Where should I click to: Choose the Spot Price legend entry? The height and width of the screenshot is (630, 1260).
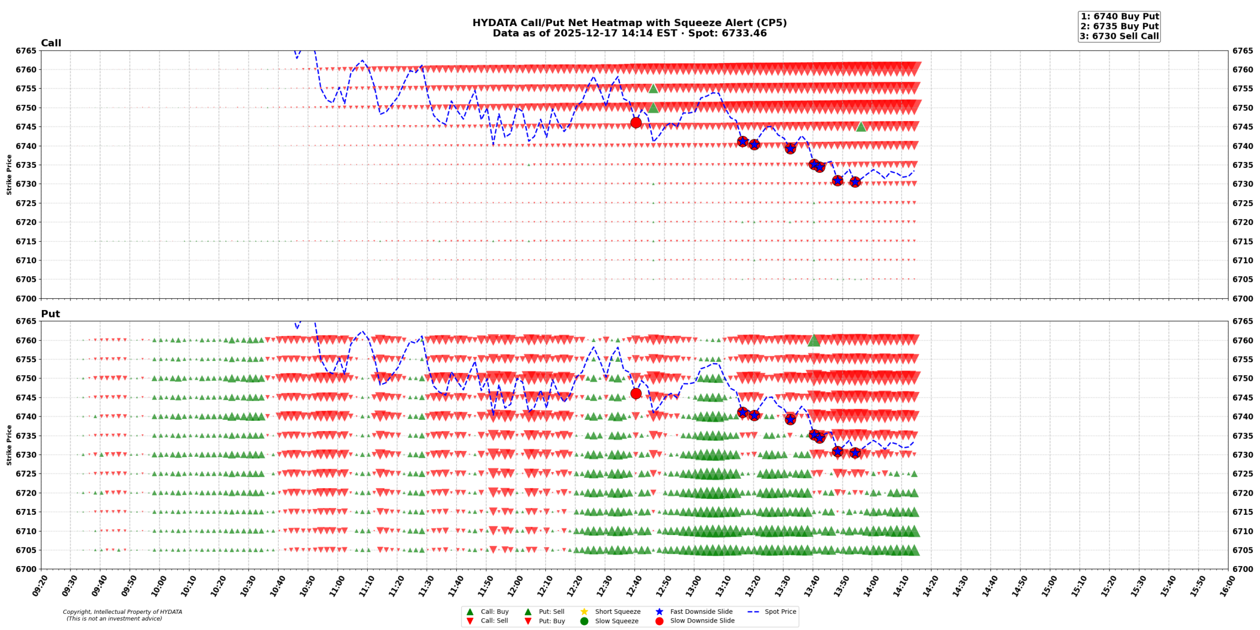click(x=780, y=611)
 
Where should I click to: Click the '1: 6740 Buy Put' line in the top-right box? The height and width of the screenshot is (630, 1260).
click(x=1119, y=16)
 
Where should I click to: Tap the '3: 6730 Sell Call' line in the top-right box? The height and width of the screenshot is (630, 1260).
click(x=1119, y=36)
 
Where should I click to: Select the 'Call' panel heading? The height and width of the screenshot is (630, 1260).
click(x=51, y=43)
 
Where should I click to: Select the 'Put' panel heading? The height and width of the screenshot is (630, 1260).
click(x=50, y=314)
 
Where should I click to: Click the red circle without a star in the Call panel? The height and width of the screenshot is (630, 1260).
click(x=636, y=123)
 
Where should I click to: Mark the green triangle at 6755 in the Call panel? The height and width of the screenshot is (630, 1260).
click(x=653, y=89)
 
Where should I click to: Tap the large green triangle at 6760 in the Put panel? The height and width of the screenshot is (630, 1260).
click(x=814, y=341)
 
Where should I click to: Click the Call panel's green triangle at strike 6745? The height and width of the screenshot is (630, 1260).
click(x=861, y=127)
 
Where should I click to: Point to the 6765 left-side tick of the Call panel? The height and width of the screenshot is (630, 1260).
click(x=26, y=51)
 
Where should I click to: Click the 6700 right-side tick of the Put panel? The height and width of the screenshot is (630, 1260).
click(x=1243, y=569)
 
